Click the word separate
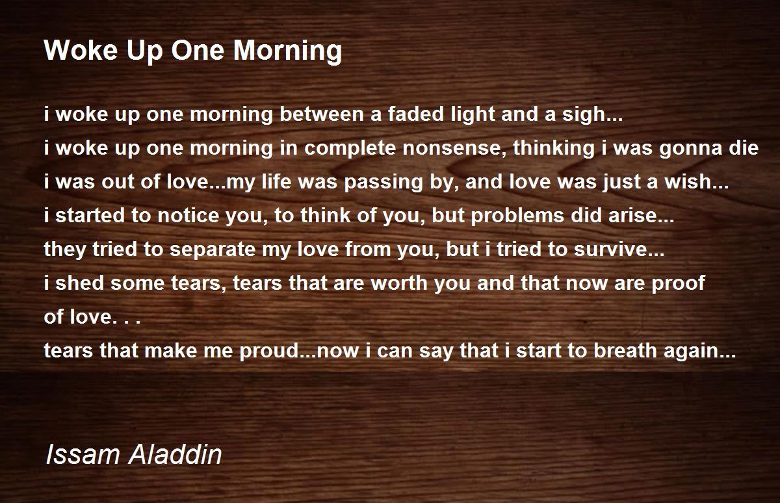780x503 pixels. (x=209, y=250)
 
